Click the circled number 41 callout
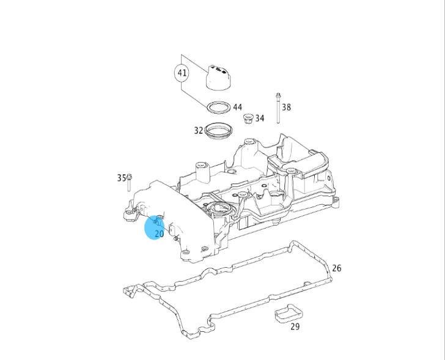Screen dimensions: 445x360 pyautogui.click(x=182, y=73)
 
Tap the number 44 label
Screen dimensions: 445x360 pyautogui.click(x=238, y=107)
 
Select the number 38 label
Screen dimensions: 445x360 pyautogui.click(x=286, y=107)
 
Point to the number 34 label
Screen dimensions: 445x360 pyautogui.click(x=260, y=118)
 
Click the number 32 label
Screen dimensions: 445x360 pyautogui.click(x=199, y=131)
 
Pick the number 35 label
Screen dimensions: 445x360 pyautogui.click(x=122, y=178)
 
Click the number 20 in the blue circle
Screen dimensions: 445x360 pyautogui.click(x=159, y=233)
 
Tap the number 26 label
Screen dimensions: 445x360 pyautogui.click(x=337, y=268)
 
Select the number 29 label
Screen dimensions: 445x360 pyautogui.click(x=295, y=327)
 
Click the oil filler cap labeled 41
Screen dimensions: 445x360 pyautogui.click(x=218, y=78)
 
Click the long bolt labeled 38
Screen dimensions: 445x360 pyautogui.click(x=278, y=108)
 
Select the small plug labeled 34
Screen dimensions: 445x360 pyautogui.click(x=248, y=119)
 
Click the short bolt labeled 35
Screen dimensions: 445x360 pyautogui.click(x=129, y=183)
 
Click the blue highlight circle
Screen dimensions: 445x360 pyautogui.click(x=155, y=227)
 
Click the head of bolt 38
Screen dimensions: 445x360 pyautogui.click(x=278, y=95)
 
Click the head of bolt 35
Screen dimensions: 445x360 pyautogui.click(x=129, y=177)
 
